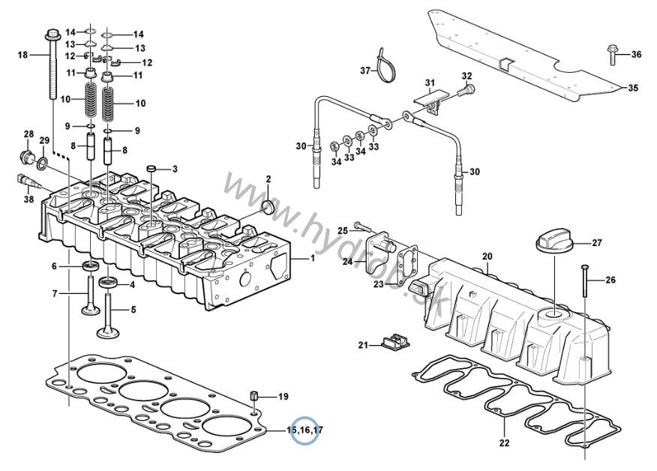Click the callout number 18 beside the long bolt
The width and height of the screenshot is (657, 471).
point(22,55)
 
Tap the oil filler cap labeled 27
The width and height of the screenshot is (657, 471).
point(552,243)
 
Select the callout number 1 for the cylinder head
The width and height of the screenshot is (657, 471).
point(312,259)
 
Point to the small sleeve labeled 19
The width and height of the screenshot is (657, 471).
point(254,396)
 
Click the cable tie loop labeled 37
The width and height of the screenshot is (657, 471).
point(383,65)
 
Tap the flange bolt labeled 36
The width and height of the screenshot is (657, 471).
point(612,55)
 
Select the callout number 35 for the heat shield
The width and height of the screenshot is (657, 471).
point(633,88)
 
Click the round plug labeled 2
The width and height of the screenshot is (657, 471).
point(267,206)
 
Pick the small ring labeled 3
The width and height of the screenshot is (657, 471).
point(151,169)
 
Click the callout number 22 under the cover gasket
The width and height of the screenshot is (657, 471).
point(504,442)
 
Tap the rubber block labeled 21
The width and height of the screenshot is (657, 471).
point(395,343)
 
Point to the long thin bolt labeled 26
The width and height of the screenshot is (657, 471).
point(585,281)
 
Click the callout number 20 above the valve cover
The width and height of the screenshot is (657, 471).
point(487,256)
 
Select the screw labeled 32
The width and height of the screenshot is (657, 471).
point(466,90)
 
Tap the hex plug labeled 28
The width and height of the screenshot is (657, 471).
point(28,157)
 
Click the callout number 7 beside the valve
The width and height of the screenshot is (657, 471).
point(55,294)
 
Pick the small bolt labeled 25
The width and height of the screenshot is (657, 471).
point(362,226)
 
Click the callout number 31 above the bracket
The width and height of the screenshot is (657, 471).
point(430,83)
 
